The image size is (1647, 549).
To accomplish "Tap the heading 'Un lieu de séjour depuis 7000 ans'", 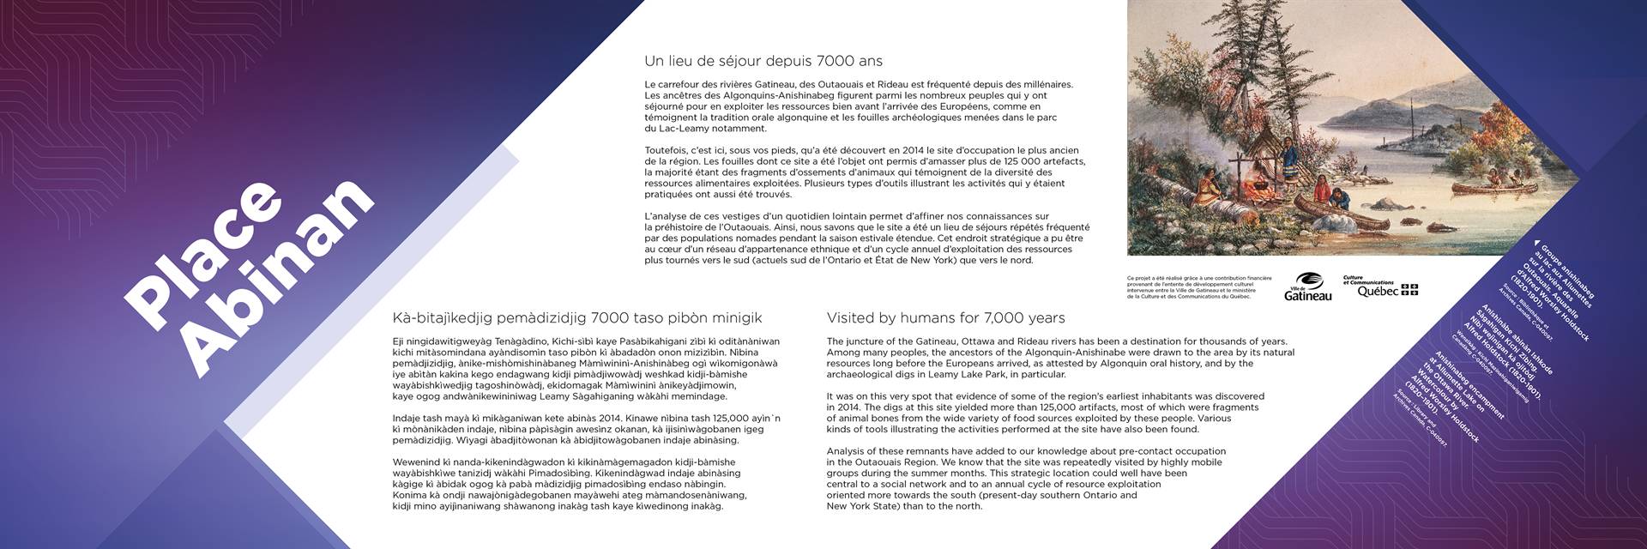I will pos(763,62).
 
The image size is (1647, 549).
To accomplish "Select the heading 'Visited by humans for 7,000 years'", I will pos(945,318).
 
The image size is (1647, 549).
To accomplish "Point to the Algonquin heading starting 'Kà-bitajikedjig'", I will pos(576,318).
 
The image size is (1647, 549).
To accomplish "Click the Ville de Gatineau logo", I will pos(1307,287).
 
